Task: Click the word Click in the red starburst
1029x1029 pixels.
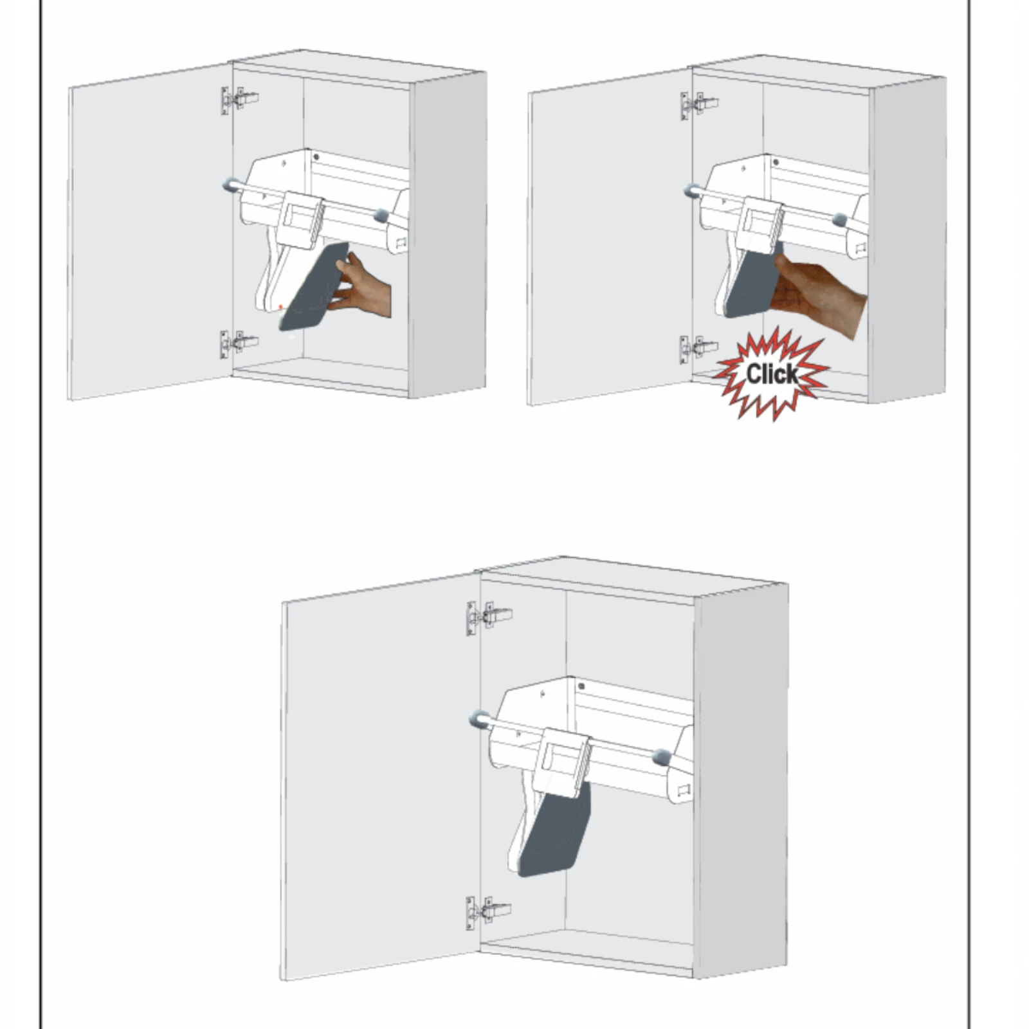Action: point(772,374)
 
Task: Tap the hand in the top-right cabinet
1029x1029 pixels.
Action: point(819,293)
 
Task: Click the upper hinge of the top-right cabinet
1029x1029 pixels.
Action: point(700,104)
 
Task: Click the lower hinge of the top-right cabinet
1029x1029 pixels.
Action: point(700,349)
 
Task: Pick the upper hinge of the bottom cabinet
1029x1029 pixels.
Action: point(489,617)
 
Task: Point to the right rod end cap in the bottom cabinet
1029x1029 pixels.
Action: point(662,757)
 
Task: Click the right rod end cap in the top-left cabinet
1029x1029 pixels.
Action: point(381,215)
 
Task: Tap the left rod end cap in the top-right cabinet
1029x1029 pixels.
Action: point(692,190)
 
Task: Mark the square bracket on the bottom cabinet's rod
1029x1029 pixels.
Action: point(565,763)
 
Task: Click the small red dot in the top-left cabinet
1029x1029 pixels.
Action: point(280,307)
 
